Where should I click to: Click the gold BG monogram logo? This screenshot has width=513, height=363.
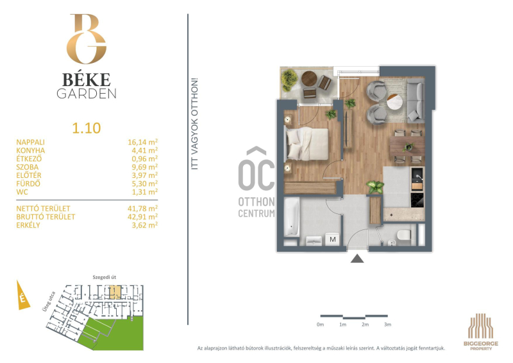(x=87, y=39)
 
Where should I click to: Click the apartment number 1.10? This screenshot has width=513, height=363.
(x=87, y=128)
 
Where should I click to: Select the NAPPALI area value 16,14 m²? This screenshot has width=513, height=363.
(x=142, y=142)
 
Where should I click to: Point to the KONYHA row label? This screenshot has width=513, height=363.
(x=31, y=150)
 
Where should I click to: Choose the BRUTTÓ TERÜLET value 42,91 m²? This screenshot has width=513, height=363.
(x=142, y=217)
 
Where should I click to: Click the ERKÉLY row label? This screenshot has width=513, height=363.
(x=28, y=226)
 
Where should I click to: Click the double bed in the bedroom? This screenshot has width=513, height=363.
(x=307, y=144)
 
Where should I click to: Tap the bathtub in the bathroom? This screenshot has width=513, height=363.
(x=291, y=217)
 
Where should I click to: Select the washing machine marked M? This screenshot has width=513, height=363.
(x=333, y=240)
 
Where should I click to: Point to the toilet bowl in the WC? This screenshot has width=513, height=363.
(x=404, y=236)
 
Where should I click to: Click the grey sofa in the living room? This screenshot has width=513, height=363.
(x=416, y=100)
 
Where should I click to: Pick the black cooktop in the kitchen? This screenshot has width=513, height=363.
(x=417, y=200)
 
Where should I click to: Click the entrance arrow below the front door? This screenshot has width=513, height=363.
(x=357, y=258)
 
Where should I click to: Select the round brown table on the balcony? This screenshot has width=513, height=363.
(x=309, y=78)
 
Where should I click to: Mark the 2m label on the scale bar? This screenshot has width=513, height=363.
(x=365, y=324)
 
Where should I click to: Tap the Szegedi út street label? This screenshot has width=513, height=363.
(x=104, y=278)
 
